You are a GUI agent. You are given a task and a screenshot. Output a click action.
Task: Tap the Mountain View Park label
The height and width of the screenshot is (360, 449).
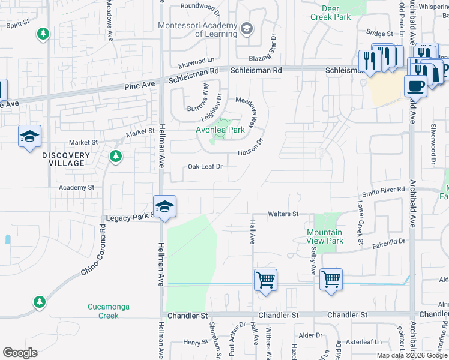click(324, 236)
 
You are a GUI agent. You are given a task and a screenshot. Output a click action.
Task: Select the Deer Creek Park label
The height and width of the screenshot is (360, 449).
click(330, 13)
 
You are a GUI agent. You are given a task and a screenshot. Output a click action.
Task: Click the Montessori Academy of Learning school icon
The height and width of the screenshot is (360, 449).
click(246, 29)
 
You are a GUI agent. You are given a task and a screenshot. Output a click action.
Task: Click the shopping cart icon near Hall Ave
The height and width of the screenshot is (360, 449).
click(265, 280)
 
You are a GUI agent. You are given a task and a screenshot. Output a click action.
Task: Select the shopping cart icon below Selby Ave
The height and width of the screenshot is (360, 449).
click(331, 280)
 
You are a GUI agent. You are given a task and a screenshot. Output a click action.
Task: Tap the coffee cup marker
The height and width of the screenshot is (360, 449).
click(416, 86)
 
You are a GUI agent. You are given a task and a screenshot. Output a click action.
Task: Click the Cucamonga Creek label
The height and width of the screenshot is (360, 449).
click(108, 311)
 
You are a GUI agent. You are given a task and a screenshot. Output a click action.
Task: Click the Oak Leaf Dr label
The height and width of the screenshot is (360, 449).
click(205, 167)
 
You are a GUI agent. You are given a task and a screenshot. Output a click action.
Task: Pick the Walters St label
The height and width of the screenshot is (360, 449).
click(283, 214)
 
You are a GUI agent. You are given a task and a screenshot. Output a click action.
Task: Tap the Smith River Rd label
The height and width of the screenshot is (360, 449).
click(384, 190)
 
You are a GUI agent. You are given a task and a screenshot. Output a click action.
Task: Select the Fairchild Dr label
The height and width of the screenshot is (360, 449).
click(389, 241)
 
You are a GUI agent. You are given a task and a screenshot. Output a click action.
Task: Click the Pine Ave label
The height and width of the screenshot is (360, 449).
click(140, 87)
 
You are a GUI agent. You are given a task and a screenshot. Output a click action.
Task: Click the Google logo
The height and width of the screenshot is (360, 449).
click(20, 353)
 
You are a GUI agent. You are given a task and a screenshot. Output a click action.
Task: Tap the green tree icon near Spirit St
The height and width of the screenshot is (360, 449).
click(43, 35)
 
